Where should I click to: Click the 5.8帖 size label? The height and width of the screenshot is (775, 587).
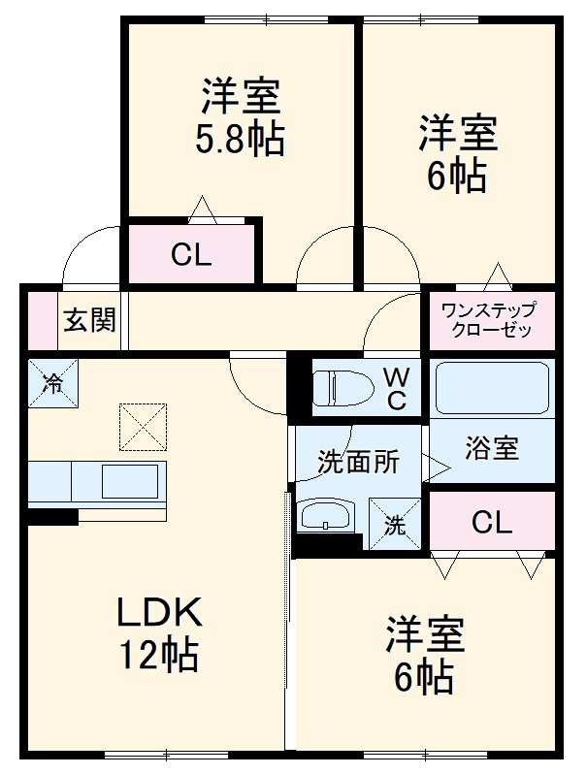[242, 142]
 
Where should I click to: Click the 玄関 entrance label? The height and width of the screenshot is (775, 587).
[89, 319]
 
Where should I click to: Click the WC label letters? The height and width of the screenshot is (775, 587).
[397, 389]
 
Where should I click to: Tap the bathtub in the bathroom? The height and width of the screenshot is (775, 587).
[491, 390]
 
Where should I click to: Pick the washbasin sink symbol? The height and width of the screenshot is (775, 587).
[327, 515]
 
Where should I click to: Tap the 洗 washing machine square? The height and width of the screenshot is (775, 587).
[395, 525]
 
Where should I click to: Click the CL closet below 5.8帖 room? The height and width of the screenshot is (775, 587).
[191, 256]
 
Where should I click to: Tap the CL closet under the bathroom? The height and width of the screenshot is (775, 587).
[492, 524]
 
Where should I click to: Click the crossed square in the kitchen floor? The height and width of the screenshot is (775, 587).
[143, 427]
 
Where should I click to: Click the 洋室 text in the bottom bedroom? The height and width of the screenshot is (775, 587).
[425, 634]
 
